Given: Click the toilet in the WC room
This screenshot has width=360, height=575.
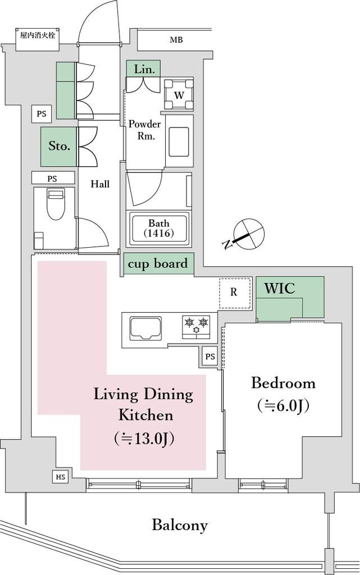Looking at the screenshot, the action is (x=56, y=204).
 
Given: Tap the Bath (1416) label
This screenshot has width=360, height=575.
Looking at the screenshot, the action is (x=159, y=228).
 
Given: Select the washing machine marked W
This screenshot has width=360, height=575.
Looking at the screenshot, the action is (x=179, y=94).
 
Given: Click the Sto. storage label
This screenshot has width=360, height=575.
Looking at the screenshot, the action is (x=59, y=146).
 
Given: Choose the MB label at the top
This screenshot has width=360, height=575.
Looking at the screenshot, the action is (x=176, y=40).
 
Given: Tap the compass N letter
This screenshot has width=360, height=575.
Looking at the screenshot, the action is (x=228, y=244).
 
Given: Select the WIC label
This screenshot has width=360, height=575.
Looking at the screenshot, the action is (x=279, y=288).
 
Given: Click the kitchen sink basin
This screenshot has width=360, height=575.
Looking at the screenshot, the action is (x=145, y=328).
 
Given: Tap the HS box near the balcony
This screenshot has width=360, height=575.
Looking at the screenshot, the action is (x=61, y=477).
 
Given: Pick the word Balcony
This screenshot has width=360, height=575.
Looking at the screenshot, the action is (x=180, y=525).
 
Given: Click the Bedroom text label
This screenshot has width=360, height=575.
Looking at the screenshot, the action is (x=283, y=383).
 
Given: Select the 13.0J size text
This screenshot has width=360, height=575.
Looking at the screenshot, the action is (x=144, y=438).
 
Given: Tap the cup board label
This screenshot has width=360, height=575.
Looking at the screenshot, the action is (x=158, y=264).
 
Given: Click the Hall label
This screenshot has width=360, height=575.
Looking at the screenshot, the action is (x=100, y=184).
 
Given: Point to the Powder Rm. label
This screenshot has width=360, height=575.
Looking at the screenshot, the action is (x=145, y=130).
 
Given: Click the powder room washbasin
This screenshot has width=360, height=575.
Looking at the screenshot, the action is (x=179, y=142).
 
